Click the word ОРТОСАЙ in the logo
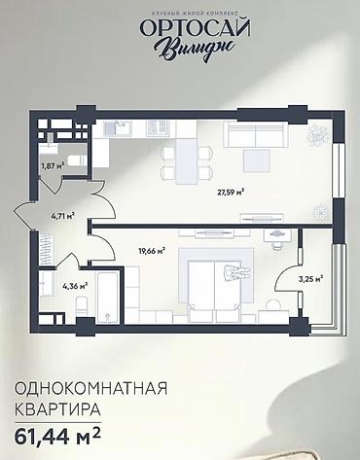[x=180, y=28]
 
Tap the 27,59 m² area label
[x=230, y=192]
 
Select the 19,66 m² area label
[x=151, y=250]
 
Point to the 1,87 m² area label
[x=52, y=166]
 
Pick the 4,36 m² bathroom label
[x=75, y=286]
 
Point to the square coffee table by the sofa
[x=258, y=159]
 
